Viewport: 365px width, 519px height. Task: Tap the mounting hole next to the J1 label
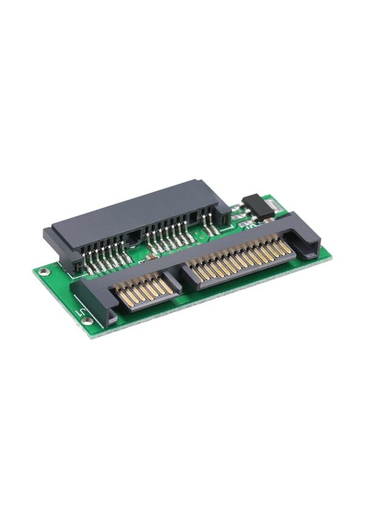click(x=87, y=321)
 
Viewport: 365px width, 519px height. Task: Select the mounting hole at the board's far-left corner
click(x=42, y=271)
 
